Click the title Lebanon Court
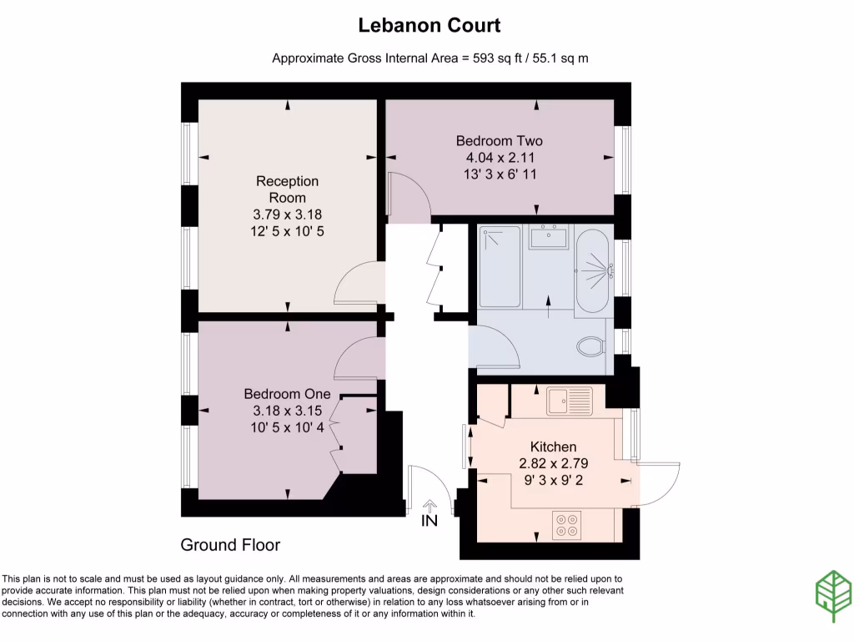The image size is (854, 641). click(x=429, y=25)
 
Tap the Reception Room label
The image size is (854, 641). click(x=287, y=189)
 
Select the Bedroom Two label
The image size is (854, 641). click(x=499, y=140)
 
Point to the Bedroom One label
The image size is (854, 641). click(x=287, y=394)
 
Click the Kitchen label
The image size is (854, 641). click(x=553, y=447)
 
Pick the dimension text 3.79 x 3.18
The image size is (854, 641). click(x=287, y=214)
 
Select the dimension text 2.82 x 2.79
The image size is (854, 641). click(x=553, y=463)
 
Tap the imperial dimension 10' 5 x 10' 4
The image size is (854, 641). click(x=287, y=427)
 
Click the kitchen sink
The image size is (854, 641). click(x=569, y=401)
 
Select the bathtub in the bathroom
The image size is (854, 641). click(x=593, y=270)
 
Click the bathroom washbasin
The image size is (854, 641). click(x=549, y=237)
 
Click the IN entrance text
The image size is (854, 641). click(x=430, y=521)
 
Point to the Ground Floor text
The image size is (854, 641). click(x=230, y=545)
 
